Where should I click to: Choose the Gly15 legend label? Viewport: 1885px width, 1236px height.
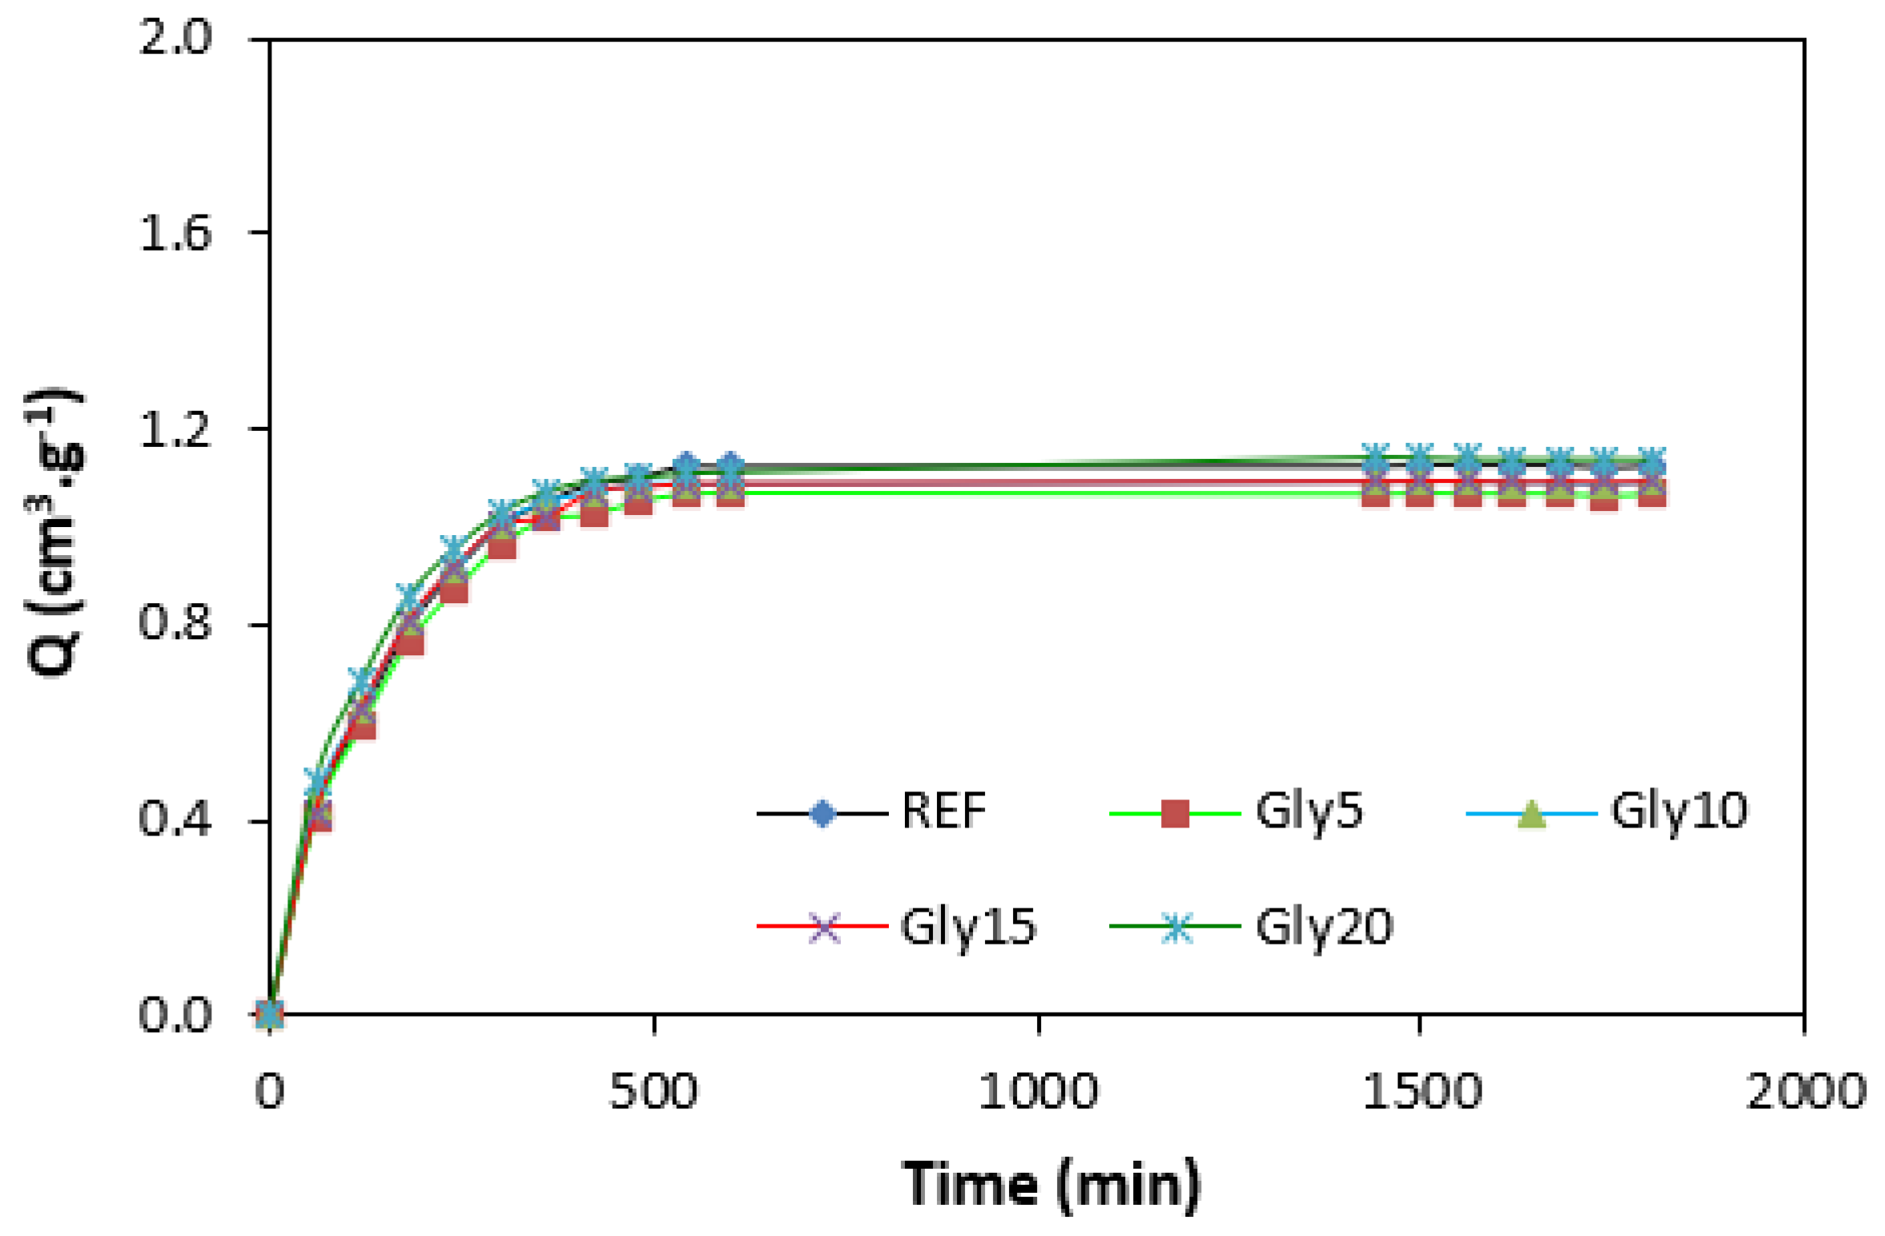(x=967, y=927)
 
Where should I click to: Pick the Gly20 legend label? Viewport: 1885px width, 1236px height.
(x=1324, y=927)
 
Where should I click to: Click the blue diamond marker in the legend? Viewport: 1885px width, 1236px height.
(x=822, y=813)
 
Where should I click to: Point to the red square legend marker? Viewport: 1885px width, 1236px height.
(x=1174, y=813)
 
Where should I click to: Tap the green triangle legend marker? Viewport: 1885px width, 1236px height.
(x=1530, y=813)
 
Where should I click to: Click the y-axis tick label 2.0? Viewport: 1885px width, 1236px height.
(x=175, y=37)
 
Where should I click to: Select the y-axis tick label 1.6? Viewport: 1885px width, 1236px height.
(x=175, y=233)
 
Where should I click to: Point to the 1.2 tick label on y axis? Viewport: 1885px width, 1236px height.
(x=175, y=429)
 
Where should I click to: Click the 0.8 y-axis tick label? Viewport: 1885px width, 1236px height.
(x=175, y=622)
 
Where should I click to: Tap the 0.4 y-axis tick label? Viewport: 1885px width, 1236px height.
(x=175, y=819)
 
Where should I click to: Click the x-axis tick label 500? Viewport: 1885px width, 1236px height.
(x=653, y=1091)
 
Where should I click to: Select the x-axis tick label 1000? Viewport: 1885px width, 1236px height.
(x=1038, y=1091)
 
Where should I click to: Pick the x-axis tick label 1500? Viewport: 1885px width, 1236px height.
(x=1421, y=1091)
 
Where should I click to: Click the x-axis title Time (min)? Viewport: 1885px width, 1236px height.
(x=1051, y=1183)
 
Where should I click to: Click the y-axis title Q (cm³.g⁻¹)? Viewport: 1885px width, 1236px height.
(x=54, y=533)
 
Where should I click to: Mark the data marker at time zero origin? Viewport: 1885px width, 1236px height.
(x=270, y=1013)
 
